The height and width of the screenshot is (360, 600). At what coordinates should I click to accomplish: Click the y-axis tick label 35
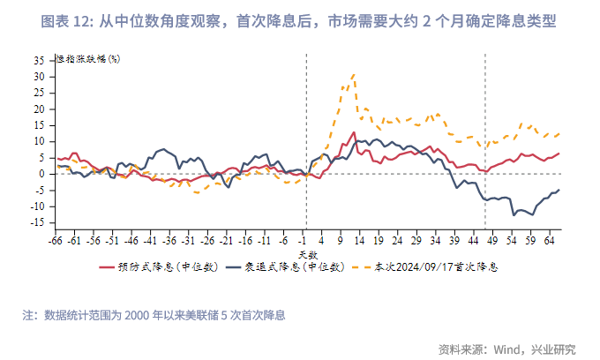38,61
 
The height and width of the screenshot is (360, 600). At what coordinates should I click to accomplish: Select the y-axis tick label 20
38,109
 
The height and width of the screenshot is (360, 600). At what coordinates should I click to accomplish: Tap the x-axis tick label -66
56,239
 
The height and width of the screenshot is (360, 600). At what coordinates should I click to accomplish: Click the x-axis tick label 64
550,239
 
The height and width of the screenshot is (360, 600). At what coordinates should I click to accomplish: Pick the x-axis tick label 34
436,239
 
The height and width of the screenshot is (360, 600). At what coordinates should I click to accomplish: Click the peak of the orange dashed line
354,74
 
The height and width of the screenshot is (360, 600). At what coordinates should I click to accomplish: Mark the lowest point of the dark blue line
514,214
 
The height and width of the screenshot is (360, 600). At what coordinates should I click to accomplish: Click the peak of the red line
354,132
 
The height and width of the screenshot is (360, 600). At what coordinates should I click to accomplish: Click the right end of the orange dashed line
559,133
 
